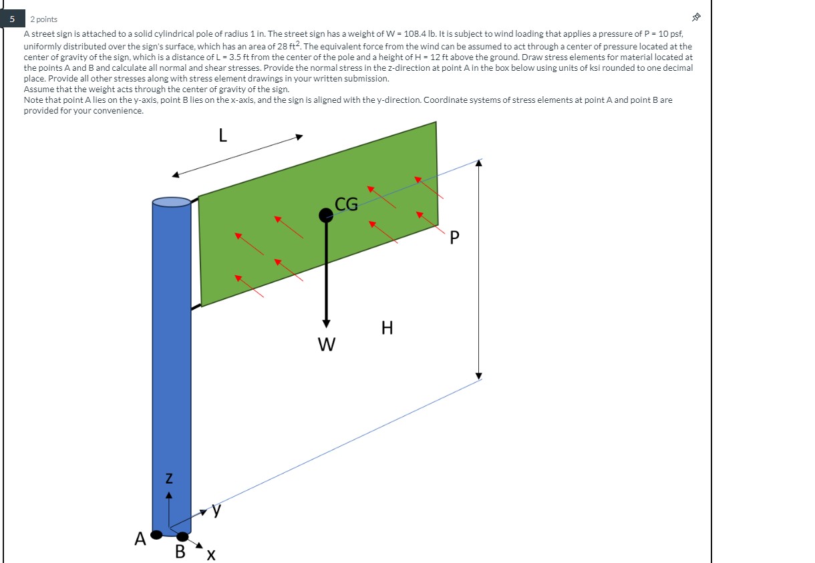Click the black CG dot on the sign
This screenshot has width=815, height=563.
tap(325, 215)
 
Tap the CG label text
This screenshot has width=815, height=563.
tap(346, 204)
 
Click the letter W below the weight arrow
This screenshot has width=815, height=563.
tap(327, 344)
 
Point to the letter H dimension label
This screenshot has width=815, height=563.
tap(387, 328)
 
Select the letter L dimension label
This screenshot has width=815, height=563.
tap(222, 135)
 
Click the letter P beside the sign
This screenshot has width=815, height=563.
tap(454, 238)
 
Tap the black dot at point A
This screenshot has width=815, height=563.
tap(156, 535)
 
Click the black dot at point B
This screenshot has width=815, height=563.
tap(182, 536)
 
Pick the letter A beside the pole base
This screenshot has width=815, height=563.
tap(140, 539)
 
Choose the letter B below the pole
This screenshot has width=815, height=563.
tap(180, 552)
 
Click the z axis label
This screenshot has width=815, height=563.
tap(169, 478)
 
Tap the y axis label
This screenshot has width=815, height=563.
tap(216, 510)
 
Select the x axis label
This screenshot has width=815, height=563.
tap(211, 555)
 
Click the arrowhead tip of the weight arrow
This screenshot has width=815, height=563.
tap(327, 327)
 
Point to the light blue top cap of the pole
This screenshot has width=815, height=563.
tap(172, 202)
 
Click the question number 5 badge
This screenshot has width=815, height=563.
tap(13, 19)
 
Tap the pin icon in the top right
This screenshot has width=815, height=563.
tap(696, 17)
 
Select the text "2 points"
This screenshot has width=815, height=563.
tap(43, 19)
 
